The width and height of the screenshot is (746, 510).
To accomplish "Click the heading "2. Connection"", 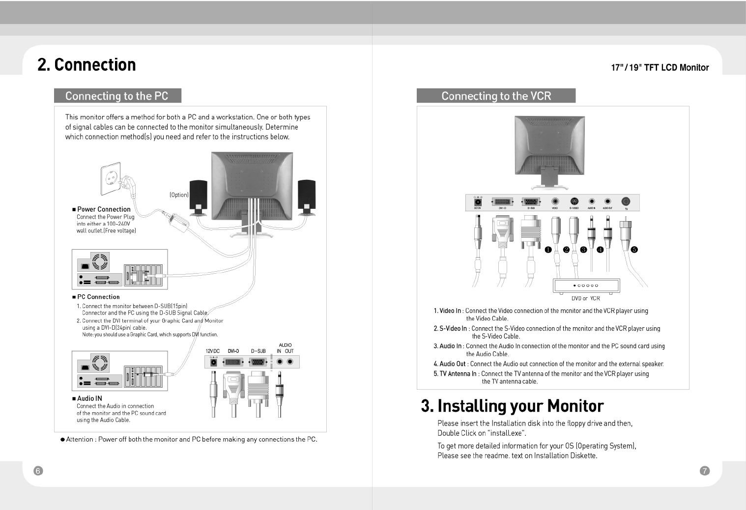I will pos(86,65).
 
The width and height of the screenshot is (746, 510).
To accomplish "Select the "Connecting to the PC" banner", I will pos(117,96).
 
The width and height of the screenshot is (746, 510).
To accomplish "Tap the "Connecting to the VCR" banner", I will pos(496,96).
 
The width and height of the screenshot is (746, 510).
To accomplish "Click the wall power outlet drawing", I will pos(111,179).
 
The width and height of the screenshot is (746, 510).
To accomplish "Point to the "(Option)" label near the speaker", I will pos(179,195).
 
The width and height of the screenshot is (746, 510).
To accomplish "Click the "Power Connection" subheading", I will pos(104,209).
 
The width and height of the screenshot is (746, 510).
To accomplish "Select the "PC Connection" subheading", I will pos(98,297).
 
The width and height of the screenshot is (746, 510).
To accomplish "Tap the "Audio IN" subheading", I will pos(89,398).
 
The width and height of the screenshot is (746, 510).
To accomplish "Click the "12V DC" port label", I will pos(213,351).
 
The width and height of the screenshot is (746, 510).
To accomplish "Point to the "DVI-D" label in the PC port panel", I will pos(233,351).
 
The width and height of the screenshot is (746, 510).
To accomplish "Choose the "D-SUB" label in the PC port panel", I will pos(258,351).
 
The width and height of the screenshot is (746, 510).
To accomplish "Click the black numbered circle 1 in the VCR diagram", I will pos(548,250).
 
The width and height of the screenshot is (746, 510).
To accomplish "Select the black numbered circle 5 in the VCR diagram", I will pos(634,250).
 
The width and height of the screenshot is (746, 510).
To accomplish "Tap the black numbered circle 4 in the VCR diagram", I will pos(600,250).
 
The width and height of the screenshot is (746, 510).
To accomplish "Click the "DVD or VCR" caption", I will pos(585,298).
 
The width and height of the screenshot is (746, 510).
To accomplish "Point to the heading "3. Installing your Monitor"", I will pos(512,406).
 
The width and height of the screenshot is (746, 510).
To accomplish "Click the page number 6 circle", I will pos(38,471).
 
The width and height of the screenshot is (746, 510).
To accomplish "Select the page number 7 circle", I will pos(704,471).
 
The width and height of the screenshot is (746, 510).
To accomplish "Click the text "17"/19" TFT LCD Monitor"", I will pos(660,68).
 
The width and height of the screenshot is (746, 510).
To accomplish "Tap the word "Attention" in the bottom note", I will pos(80,439).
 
